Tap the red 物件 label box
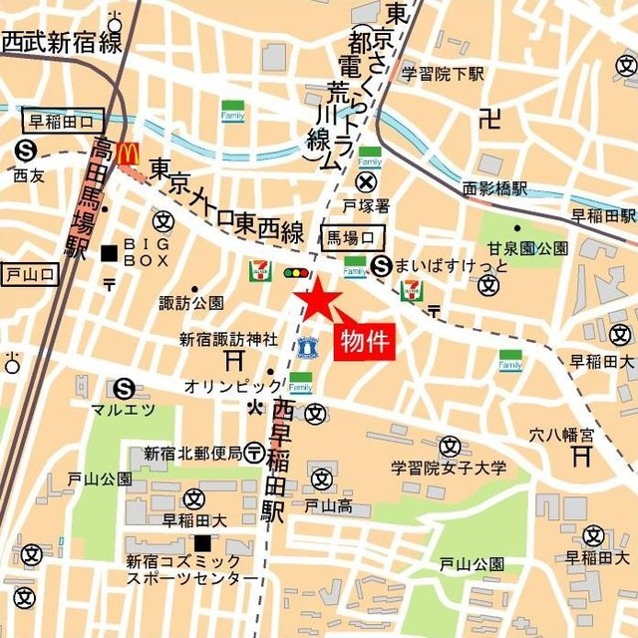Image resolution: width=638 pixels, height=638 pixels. coord(364,342)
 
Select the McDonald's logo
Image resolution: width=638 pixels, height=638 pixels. coord(127,154)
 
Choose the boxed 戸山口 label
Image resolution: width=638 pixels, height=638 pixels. coord(30,273)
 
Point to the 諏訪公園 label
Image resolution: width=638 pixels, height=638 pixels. coord(191,302)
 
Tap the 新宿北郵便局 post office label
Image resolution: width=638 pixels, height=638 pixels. coord(192,454)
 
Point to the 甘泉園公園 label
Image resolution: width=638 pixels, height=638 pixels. coord(528,248)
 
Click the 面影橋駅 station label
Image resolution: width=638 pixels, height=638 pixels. coord(495,187)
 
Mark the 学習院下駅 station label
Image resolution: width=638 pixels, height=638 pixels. coord(443,74)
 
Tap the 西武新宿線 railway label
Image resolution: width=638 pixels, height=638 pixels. coord(61,42)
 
